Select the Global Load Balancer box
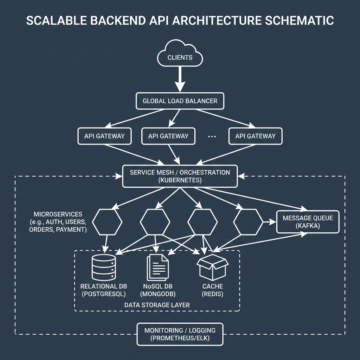click(180, 101)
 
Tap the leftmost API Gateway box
click(104, 136)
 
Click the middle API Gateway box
click(168, 136)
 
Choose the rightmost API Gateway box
click(256, 136)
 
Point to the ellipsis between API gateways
click(212, 136)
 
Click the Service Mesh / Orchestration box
click(180, 176)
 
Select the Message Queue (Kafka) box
click(308, 222)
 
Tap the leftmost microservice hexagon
click(107, 222)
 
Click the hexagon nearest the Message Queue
click(248, 222)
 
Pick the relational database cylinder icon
click(103, 267)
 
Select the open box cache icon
click(213, 268)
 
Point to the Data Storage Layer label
click(157, 305)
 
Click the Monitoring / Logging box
click(180, 334)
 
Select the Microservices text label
click(58, 214)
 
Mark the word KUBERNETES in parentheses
click(180, 180)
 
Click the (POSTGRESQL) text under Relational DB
click(103, 294)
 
